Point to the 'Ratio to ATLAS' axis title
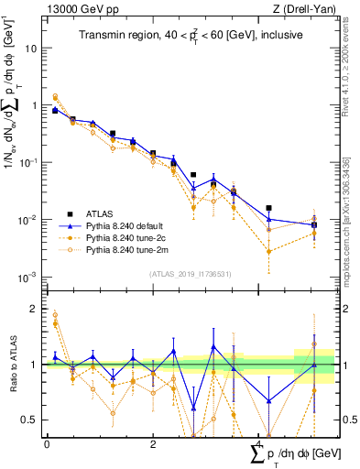12,365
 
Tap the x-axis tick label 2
153,444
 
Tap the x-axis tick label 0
47,444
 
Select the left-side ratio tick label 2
36,309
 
